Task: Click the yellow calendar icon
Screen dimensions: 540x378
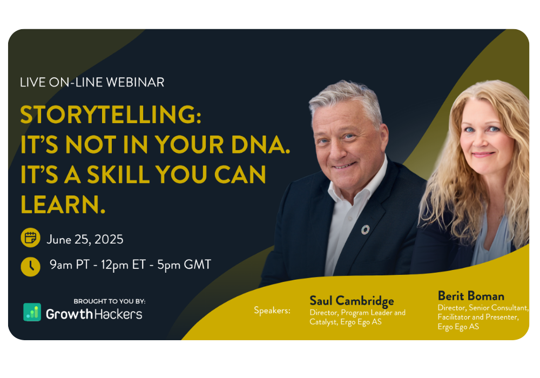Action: (30, 238)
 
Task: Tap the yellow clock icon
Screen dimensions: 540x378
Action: (30, 266)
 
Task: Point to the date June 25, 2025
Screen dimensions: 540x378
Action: (85, 240)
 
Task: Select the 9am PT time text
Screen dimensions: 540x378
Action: (70, 265)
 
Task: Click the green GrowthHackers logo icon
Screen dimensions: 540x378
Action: (32, 312)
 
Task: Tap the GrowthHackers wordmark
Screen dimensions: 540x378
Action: (94, 314)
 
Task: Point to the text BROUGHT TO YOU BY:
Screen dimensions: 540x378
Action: (110, 301)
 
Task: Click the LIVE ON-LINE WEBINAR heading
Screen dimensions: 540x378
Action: (92, 82)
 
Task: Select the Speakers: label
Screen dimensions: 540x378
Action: (272, 310)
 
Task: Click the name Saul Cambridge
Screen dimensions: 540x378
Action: (352, 301)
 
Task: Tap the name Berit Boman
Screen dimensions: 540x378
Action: (471, 296)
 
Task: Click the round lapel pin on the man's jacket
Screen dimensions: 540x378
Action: (365, 230)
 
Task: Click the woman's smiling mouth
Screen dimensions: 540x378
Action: (483, 154)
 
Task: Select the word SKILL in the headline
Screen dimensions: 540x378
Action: (118, 174)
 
